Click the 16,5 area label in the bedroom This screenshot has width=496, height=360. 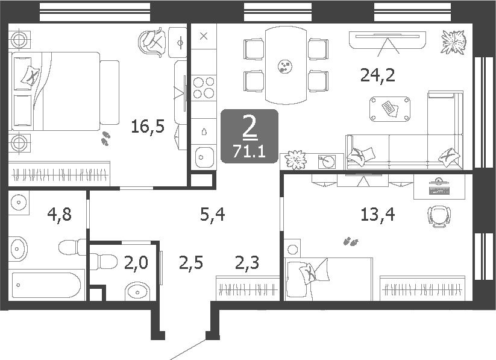coord(148,127)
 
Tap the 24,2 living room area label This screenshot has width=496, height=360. coord(377,75)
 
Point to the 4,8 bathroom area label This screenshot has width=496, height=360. coord(59,213)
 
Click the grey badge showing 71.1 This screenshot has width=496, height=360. coord(250,136)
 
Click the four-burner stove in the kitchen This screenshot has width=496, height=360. coord(204,87)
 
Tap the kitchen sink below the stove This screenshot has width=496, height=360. coord(204,157)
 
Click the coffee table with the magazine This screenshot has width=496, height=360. coord(390,108)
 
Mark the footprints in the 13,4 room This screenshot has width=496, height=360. coord(350,242)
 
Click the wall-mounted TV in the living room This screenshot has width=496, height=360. coord(388,36)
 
